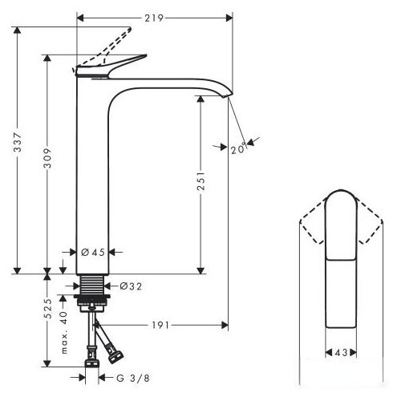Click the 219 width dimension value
154,18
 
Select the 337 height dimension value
18,142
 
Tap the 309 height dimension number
47,158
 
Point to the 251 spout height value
201,181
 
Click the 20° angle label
238,148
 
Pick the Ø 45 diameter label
93,252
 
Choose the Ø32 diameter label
131,286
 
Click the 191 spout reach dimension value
160,325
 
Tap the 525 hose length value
47,308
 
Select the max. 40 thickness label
64,333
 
